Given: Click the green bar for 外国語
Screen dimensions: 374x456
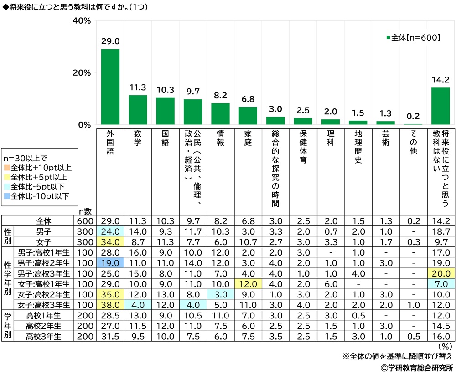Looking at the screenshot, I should (x=110, y=87).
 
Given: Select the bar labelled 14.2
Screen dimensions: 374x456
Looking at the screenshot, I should (x=440, y=106).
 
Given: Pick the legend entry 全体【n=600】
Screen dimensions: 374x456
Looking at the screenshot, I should (x=413, y=38).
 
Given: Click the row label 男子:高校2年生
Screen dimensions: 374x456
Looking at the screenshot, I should (x=44, y=263).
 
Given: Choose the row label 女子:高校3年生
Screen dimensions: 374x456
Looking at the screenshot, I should (x=44, y=304).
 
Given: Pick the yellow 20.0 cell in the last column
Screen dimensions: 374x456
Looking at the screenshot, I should (x=440, y=273).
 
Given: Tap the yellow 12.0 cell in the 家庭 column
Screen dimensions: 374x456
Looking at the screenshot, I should (x=248, y=284).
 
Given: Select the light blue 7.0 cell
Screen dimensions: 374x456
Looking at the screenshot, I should (x=440, y=284).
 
